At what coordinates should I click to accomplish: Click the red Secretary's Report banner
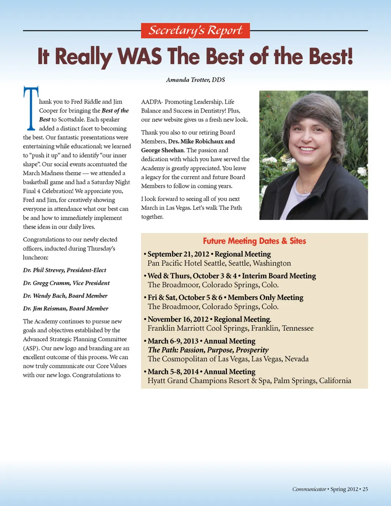(x=195, y=31)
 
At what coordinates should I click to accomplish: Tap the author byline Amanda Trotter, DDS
(x=195, y=80)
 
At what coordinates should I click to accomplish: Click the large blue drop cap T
(x=31, y=108)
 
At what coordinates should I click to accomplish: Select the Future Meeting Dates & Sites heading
(x=254, y=241)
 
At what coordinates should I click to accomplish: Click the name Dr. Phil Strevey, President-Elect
(x=64, y=270)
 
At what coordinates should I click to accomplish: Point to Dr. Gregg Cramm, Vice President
(x=66, y=283)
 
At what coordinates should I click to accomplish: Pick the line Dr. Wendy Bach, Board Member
(x=65, y=296)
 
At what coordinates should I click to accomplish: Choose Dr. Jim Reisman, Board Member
(x=66, y=308)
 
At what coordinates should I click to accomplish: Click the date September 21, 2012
(x=178, y=254)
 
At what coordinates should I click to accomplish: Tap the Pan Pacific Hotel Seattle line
(x=219, y=263)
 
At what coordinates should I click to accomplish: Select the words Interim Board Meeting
(x=279, y=276)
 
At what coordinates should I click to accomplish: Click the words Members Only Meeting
(x=266, y=297)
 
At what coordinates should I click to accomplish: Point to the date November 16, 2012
(x=178, y=319)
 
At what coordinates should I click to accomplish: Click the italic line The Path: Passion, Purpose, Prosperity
(x=208, y=350)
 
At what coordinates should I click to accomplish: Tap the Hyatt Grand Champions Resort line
(x=249, y=381)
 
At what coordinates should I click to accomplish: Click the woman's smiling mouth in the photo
(x=307, y=149)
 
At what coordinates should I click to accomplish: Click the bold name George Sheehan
(x=163, y=150)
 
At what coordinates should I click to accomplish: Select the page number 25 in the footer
(x=365, y=489)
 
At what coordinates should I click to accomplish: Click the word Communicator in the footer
(x=309, y=489)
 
